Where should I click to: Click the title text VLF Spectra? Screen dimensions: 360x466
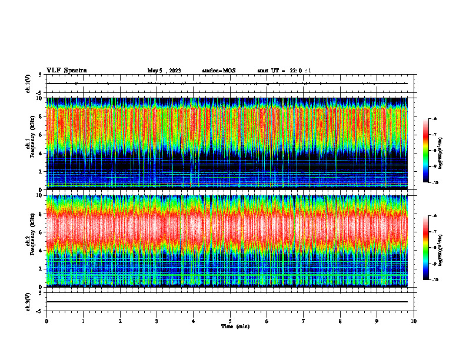coord(66,70)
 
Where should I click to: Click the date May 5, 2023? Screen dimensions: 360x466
coord(164,71)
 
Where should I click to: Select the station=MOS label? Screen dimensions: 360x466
coord(218,71)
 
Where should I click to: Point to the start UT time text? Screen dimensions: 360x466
coord(284,71)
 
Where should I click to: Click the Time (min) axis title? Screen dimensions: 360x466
coord(235,326)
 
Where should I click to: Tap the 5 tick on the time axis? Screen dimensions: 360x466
coord(230,321)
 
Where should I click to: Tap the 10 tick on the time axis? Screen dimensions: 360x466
coord(414,321)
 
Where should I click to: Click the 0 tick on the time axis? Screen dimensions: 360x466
coord(46,321)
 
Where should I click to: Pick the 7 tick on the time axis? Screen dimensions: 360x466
coord(304,321)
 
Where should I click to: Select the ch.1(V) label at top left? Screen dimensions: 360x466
coord(28,84)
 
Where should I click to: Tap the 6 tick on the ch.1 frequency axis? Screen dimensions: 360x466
coord(41,135)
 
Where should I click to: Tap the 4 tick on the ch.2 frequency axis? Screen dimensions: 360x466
coord(41,250)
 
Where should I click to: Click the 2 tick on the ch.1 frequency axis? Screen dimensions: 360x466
coord(41,171)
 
